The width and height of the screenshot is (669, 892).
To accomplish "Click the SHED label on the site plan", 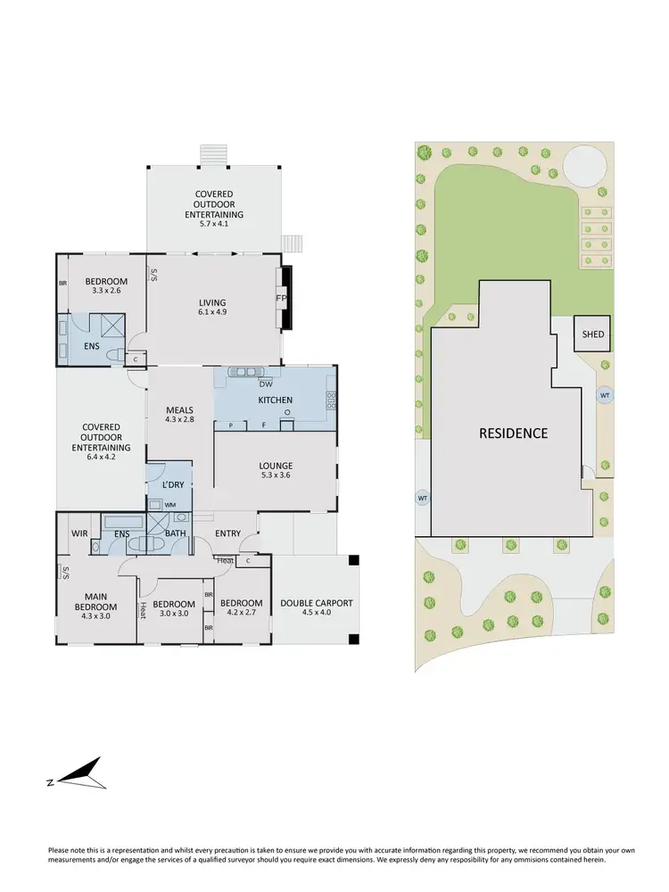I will tap(593, 335).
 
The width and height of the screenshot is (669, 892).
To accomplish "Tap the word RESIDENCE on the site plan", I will tap(513, 434).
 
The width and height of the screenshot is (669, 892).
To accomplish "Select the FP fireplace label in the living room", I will tap(280, 299).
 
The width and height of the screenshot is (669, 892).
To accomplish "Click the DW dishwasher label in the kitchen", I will tap(266, 384).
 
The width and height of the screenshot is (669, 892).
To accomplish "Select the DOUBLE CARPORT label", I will tap(317, 603).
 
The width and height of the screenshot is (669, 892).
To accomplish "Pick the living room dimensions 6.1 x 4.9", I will tap(212, 313).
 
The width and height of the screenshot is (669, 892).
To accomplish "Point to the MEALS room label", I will tap(179, 410).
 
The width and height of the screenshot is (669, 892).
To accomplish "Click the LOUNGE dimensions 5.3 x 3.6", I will tap(275, 475).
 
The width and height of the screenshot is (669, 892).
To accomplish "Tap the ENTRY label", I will tap(227, 533).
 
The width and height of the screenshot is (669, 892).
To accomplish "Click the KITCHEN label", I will tap(275, 401).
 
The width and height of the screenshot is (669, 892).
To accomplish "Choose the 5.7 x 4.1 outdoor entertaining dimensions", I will tap(214, 224).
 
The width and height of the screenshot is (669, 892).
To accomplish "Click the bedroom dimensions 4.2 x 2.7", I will tap(241, 613).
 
